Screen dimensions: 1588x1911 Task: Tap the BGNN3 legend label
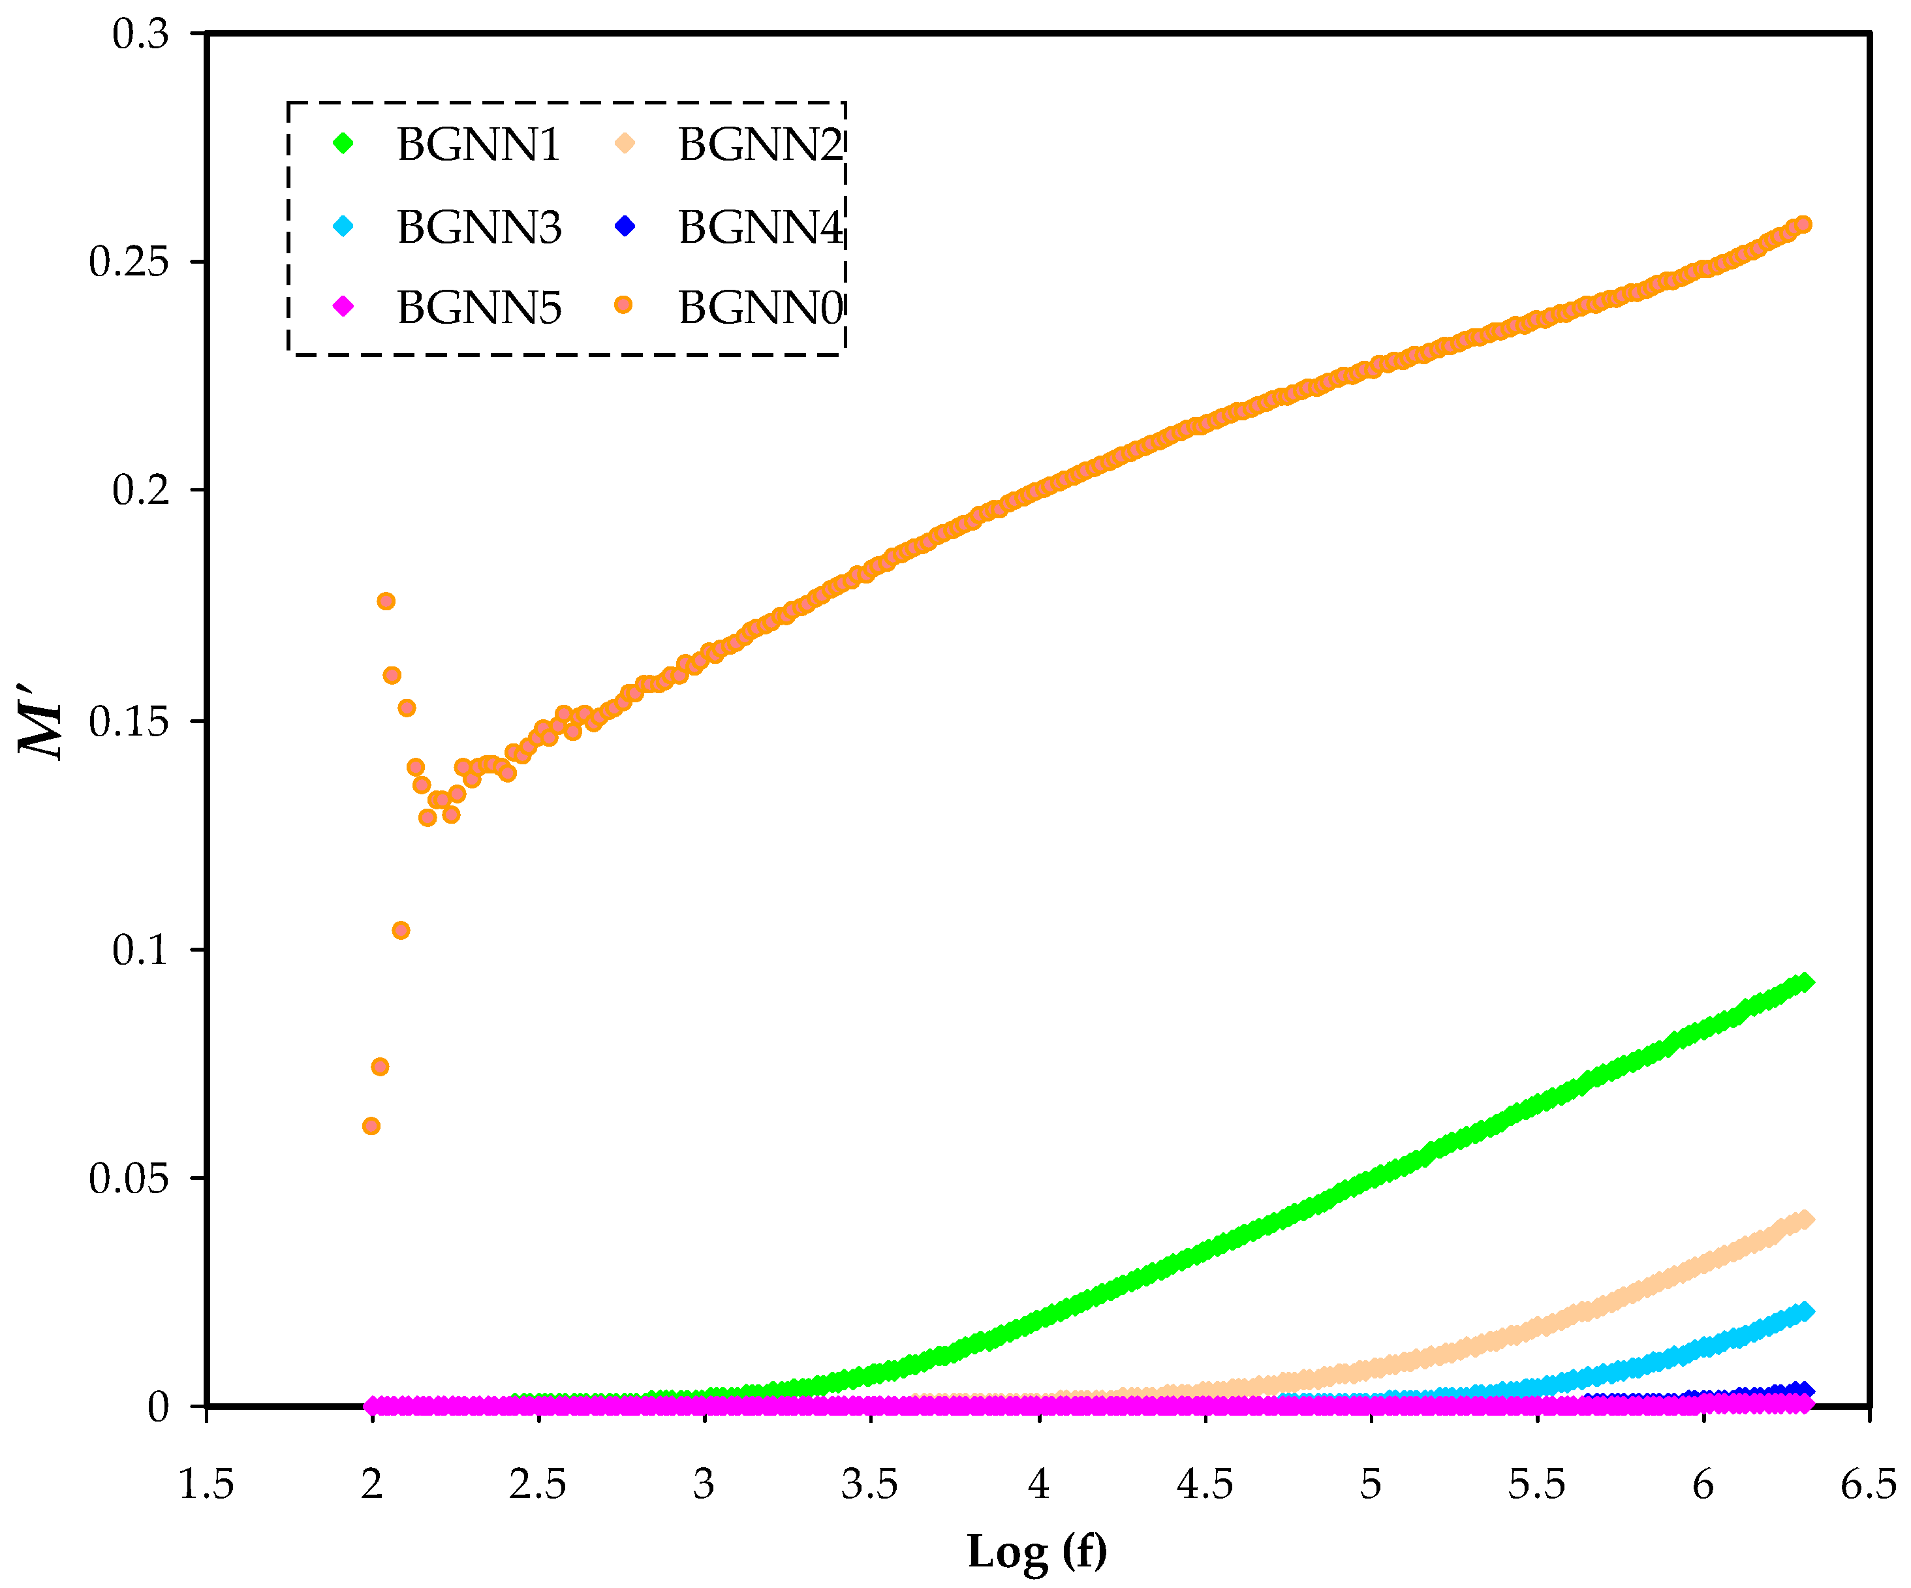(x=478, y=226)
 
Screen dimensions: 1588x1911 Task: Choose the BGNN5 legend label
(x=478, y=307)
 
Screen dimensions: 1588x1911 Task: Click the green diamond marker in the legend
(x=343, y=143)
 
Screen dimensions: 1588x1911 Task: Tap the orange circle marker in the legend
(x=623, y=305)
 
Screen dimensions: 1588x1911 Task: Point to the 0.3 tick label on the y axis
(x=140, y=35)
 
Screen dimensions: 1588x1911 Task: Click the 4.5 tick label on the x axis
(x=1205, y=1484)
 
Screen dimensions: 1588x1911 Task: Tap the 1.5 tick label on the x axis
(x=206, y=1484)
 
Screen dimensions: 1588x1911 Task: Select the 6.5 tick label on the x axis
(x=1868, y=1484)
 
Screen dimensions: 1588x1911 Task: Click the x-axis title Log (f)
(x=1036, y=1551)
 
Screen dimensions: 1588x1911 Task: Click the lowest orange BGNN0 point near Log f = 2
(x=371, y=1126)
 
